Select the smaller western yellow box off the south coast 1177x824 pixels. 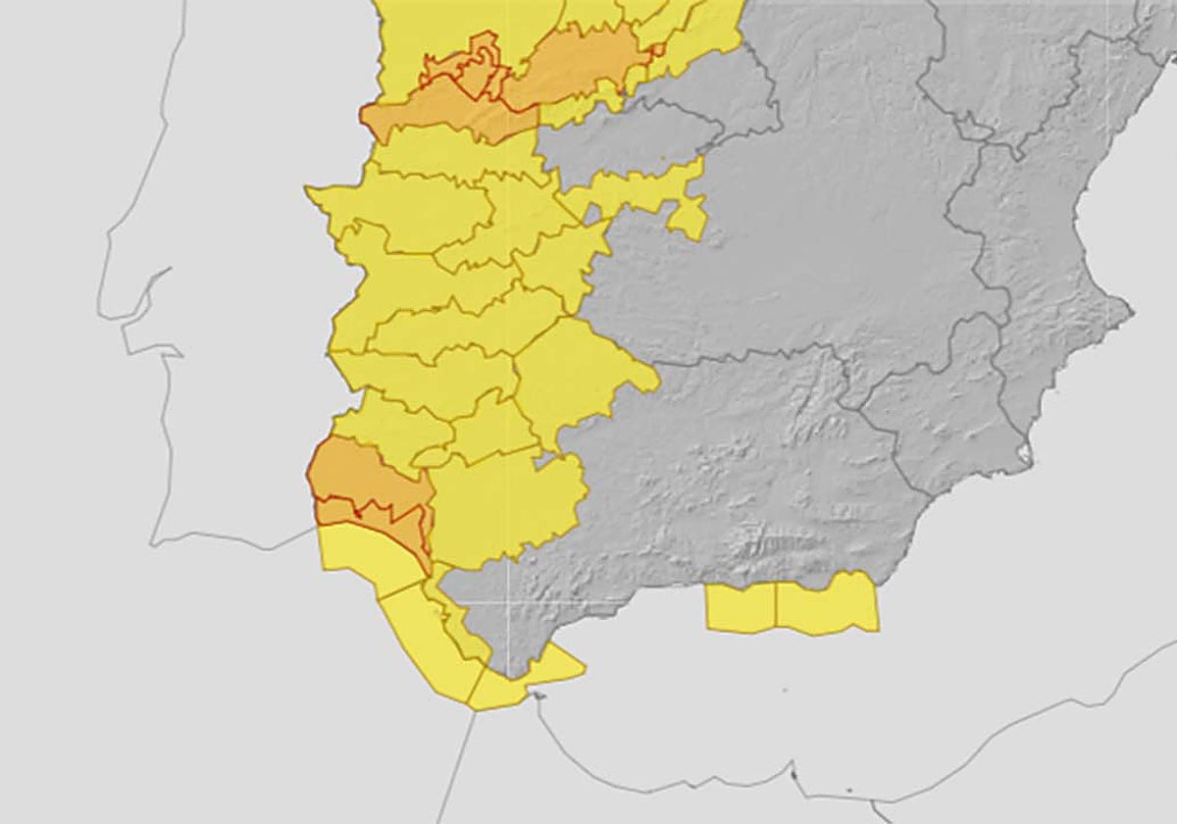741,606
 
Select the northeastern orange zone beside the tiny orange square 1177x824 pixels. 579,64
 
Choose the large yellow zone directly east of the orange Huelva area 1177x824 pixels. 505,505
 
